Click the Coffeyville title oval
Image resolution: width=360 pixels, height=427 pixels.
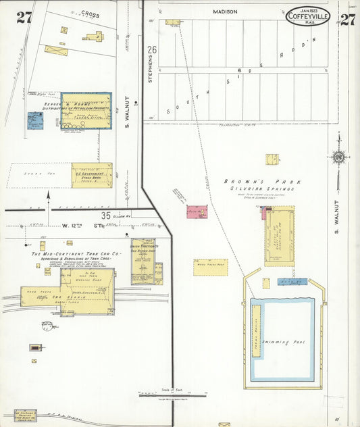[x=307, y=15]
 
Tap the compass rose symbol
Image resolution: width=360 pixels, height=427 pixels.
[x=337, y=157]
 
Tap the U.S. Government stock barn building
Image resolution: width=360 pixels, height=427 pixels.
[x=92, y=175]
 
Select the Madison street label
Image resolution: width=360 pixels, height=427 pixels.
[x=225, y=11]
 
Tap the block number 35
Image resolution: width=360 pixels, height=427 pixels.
[x=106, y=216]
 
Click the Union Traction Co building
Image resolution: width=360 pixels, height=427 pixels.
[x=143, y=261]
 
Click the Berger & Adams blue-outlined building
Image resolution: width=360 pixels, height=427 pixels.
[x=86, y=111]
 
